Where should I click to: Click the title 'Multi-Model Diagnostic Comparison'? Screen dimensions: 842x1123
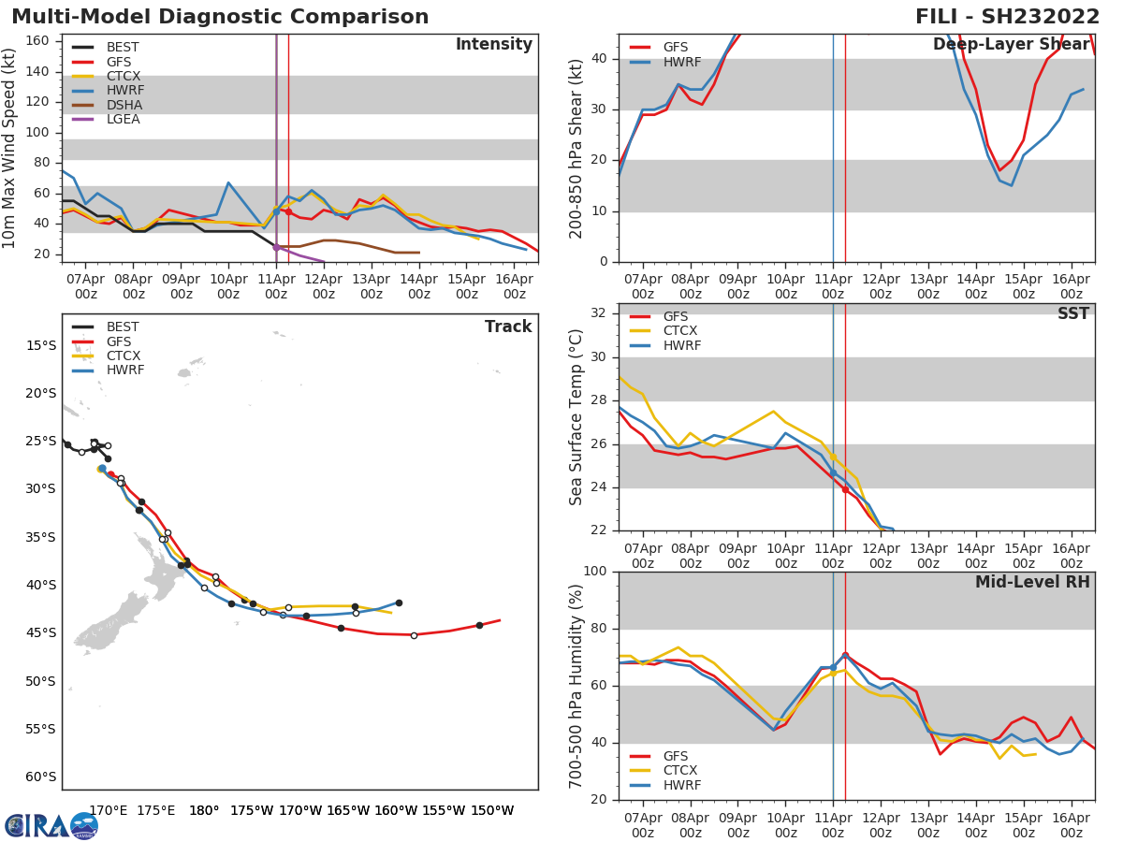(220, 17)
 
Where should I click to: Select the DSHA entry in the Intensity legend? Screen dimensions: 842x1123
(124, 105)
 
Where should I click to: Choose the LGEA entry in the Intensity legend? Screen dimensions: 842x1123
(124, 119)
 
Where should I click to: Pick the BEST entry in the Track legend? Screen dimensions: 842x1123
(123, 327)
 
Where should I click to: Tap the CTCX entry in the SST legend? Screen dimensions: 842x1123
(680, 331)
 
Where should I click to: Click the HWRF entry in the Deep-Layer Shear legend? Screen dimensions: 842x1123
(681, 62)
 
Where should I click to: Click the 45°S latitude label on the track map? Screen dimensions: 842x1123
(41, 632)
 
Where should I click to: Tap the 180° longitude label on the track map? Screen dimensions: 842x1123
(204, 810)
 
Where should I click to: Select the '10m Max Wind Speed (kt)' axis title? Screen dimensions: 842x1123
(10, 149)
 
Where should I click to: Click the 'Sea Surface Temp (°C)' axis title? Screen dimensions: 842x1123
(576, 417)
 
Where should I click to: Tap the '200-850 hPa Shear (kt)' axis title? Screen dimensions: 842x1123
(576, 149)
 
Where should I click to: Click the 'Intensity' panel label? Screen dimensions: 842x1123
(493, 45)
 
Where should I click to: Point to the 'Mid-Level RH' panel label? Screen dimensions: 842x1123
(1032, 582)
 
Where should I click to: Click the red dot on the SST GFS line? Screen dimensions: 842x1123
(845, 489)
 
